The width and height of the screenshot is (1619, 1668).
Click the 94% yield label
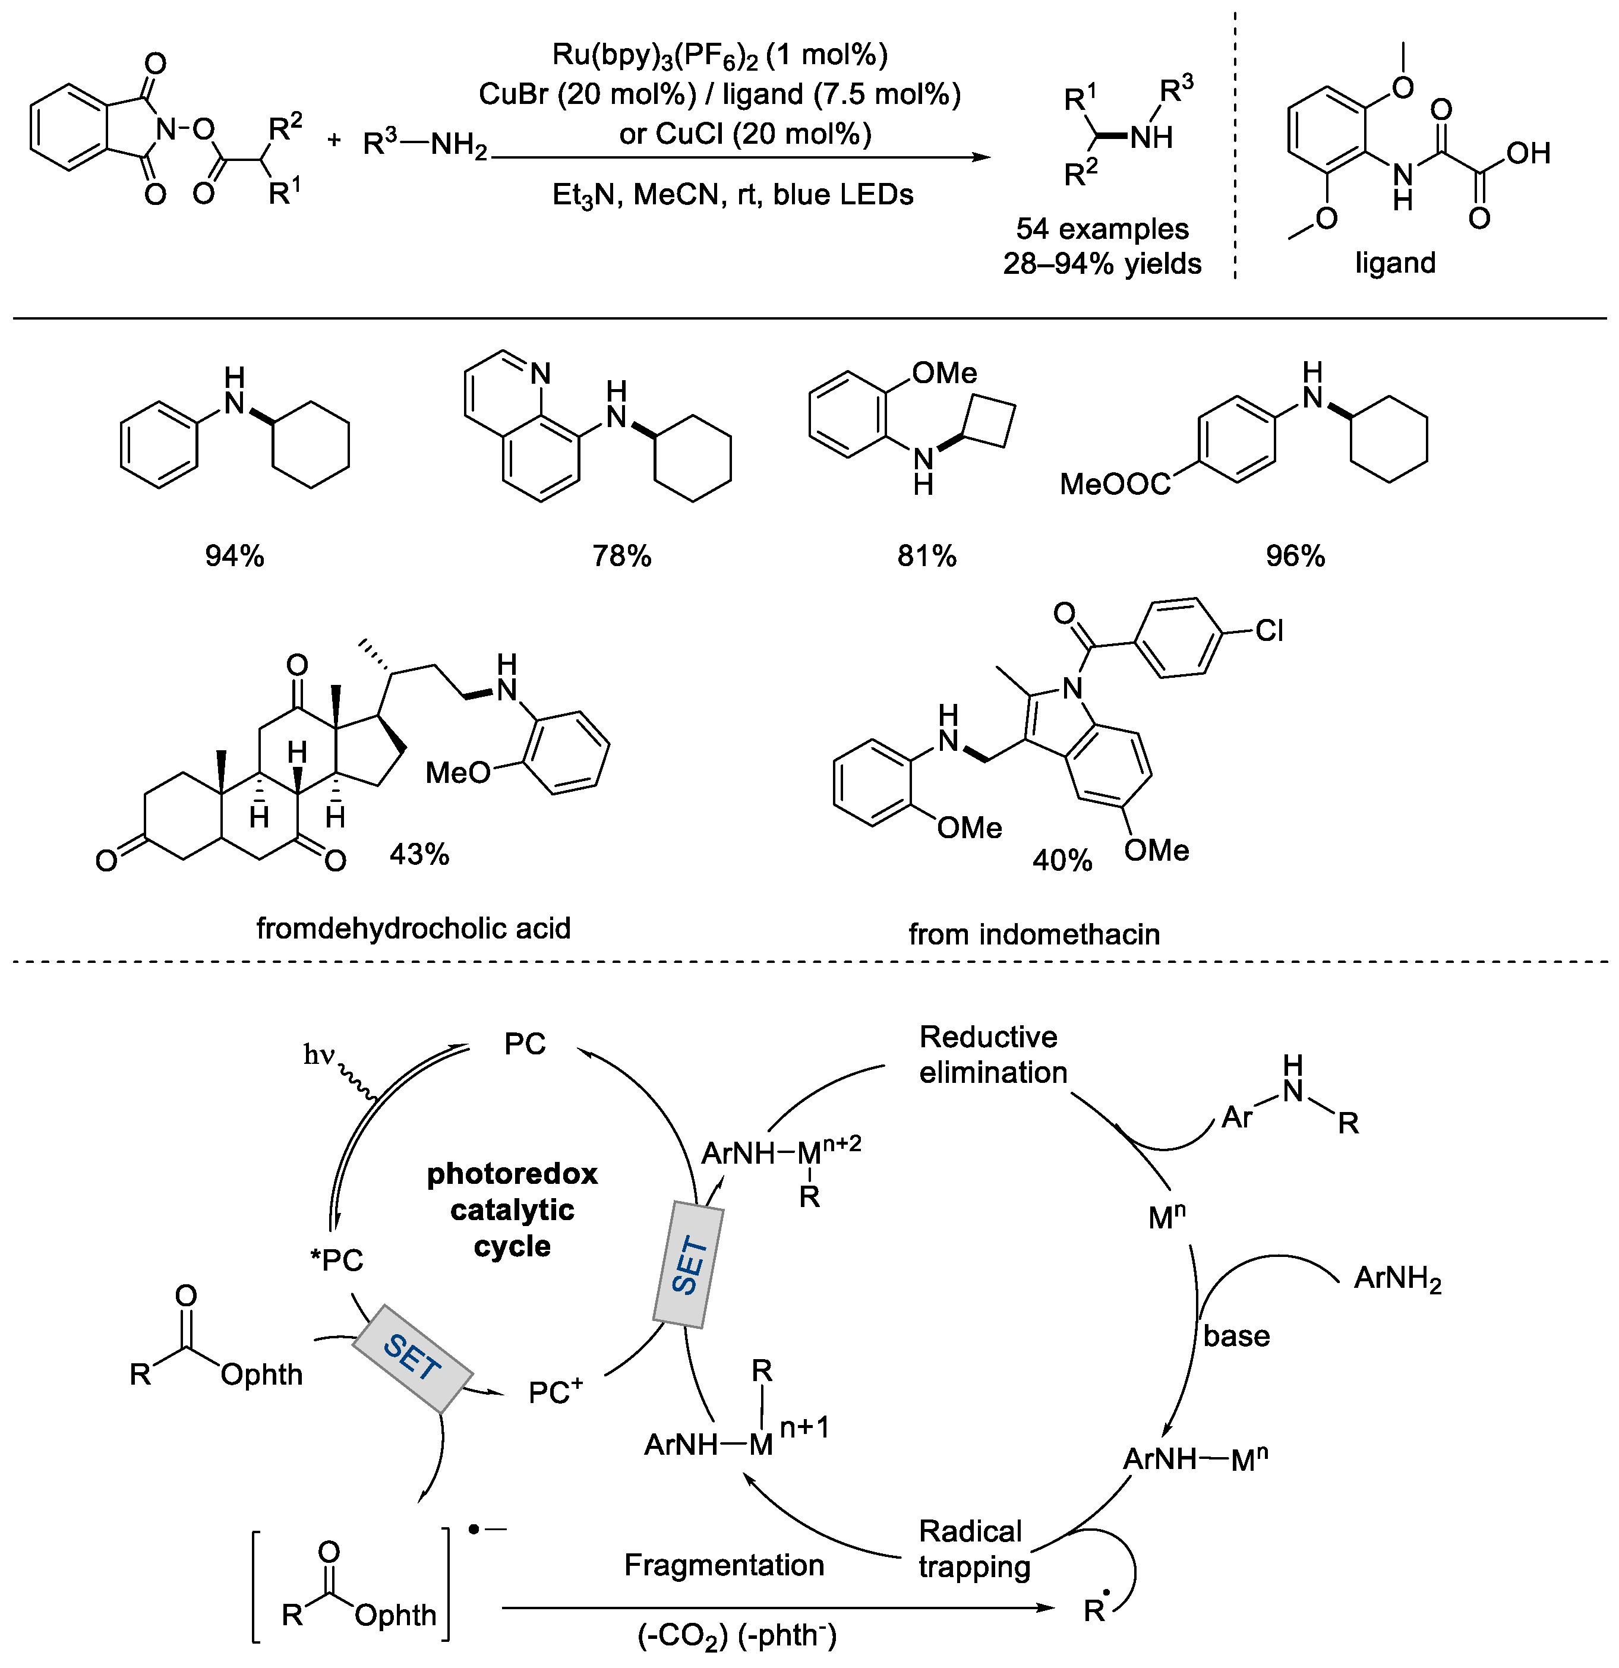(234, 557)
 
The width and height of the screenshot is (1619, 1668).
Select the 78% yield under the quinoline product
(621, 557)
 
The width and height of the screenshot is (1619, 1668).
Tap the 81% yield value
(926, 557)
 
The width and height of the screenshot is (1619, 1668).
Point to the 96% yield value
(1295, 557)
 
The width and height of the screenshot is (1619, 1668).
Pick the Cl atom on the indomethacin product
(1268, 631)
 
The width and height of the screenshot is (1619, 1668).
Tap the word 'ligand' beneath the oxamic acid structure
(1395, 263)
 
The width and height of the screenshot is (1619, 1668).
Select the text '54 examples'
(1102, 229)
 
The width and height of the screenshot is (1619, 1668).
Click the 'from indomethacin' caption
(1033, 934)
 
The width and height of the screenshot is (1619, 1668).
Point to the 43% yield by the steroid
(419, 854)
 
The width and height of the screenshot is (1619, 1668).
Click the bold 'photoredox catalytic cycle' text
(512, 1209)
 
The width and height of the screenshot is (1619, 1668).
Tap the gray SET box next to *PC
(412, 1357)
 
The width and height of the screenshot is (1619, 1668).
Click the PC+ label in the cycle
(555, 1392)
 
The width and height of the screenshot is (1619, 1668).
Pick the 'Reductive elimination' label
(992, 1054)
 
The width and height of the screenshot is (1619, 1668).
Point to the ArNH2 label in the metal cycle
(1397, 1279)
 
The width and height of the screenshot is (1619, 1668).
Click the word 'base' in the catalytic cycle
(1236, 1336)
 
